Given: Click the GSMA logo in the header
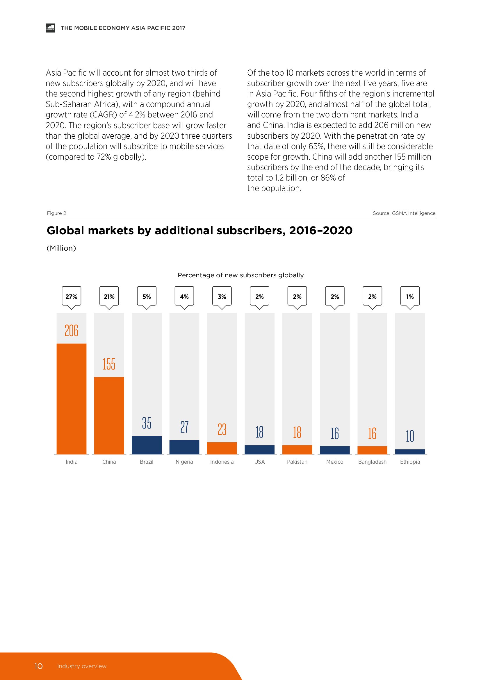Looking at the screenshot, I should tap(50, 28).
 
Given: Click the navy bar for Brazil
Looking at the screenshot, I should tap(147, 445).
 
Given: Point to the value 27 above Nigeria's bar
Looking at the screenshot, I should tap(184, 427).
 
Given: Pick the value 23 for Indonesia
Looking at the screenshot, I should tap(222, 429).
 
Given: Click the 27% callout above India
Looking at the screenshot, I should tap(71, 297).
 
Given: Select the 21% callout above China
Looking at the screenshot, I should tap(109, 297).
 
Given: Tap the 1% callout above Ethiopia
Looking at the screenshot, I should tap(410, 297).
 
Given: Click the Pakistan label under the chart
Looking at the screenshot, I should tap(297, 462).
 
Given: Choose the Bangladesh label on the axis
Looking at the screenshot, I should tap(372, 462).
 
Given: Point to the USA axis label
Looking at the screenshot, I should tap(259, 462).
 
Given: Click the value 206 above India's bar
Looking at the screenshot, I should tap(71, 331).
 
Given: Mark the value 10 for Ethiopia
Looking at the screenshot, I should tap(410, 436).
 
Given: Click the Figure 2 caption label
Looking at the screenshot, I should tap(57, 213).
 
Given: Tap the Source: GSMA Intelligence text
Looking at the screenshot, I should tap(404, 213).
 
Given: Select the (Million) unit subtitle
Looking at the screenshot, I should tap(61, 248).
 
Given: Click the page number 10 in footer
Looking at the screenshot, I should tap(38, 666).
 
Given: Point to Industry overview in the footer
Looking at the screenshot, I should tap(82, 666).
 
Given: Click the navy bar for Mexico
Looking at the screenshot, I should tap(335, 450).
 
